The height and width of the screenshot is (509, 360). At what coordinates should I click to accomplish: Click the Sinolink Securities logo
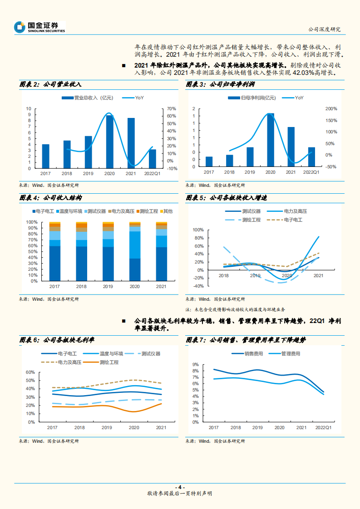pyautogui.click(x=39, y=27)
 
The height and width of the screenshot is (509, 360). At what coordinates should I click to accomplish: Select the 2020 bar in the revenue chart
pyautogui.click(x=109, y=142)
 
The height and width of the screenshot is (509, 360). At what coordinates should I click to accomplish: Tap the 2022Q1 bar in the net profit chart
pyautogui.click(x=311, y=157)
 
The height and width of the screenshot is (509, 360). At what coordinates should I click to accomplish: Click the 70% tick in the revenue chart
pyautogui.click(x=172, y=109)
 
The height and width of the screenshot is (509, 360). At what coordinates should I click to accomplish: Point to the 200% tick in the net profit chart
pyautogui.click(x=331, y=109)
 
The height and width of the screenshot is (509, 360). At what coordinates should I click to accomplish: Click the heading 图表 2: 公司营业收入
pyautogui.click(x=50, y=84)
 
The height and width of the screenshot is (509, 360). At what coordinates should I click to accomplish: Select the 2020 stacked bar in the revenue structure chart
pyautogui.click(x=135, y=251)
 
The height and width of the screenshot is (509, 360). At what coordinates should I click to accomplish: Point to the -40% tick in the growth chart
pyautogui.click(x=197, y=286)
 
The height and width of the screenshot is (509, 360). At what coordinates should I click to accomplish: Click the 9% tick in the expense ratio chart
pyautogui.click(x=195, y=365)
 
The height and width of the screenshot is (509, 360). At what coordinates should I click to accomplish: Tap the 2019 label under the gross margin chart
pyautogui.click(x=107, y=428)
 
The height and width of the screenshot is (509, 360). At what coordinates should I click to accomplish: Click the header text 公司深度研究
pyautogui.click(x=324, y=29)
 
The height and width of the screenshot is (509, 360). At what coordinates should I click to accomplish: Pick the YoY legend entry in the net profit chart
pyautogui.click(x=299, y=98)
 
